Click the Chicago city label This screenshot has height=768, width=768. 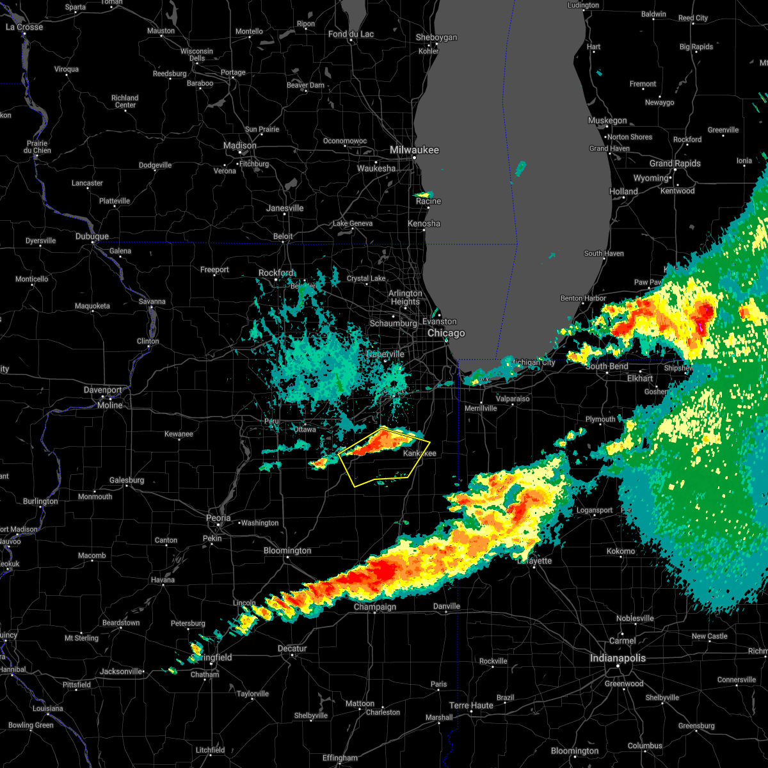pos(446,333)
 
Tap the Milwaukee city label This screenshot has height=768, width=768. pos(415,150)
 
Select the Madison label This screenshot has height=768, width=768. pos(240,146)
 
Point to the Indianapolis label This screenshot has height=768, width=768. pos(618,658)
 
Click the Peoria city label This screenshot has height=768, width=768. pos(218,518)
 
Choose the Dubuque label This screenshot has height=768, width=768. pos(92,237)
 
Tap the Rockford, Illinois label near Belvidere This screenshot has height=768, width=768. pos(276,273)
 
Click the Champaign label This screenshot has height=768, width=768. pos(375,607)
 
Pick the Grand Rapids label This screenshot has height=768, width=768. pos(675,163)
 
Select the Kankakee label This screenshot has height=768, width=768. pos(419,453)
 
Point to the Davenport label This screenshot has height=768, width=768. pos(102,390)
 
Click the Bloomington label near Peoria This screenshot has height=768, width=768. pos(287,550)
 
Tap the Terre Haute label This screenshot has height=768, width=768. pos(471,705)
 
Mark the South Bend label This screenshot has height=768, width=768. pos(607,366)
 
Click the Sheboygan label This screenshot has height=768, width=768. pos(436,38)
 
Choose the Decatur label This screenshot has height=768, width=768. pos(292,648)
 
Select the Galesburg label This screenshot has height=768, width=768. pos(127,480)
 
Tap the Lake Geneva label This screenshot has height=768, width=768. pos(352,223)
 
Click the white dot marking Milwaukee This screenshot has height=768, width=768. pos(414,157)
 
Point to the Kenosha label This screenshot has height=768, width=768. pos(424,223)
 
